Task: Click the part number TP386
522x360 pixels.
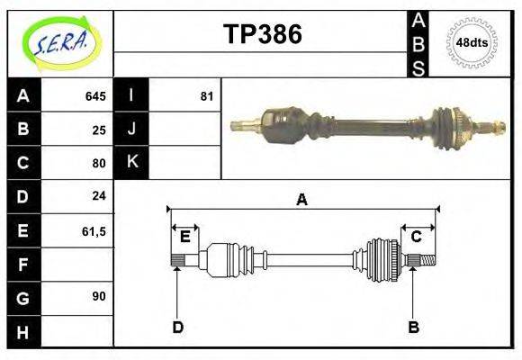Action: (x=262, y=34)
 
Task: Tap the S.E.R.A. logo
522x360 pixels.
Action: (x=60, y=42)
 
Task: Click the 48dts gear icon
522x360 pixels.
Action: (x=472, y=42)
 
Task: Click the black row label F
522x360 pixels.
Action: (x=23, y=264)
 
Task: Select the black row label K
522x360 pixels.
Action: (x=131, y=162)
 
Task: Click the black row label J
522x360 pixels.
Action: (x=131, y=130)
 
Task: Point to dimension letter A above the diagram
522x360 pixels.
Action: (x=301, y=200)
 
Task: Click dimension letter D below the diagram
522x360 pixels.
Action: (x=178, y=327)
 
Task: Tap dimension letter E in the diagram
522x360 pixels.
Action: (x=184, y=237)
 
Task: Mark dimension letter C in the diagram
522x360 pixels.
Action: (x=417, y=237)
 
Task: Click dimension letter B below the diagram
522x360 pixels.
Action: (x=413, y=327)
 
